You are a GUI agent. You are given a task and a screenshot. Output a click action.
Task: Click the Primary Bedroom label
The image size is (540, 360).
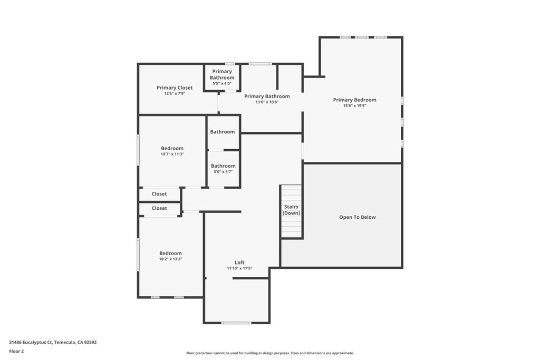(x=354, y=100)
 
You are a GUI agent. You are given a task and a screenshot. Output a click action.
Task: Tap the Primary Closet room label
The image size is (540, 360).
(x=175, y=87)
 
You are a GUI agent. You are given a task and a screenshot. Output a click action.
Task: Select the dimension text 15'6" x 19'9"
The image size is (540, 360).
(x=354, y=106)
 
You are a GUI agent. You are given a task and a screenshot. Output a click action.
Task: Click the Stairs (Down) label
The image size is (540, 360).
(x=291, y=210)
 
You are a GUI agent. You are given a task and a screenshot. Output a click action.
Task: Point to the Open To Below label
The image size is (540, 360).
(x=357, y=217)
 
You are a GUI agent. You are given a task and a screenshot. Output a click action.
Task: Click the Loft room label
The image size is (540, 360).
(x=239, y=262)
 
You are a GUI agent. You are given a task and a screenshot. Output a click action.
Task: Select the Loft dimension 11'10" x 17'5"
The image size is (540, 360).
(x=239, y=268)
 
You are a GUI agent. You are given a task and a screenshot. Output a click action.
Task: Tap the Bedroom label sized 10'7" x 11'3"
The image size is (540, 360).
(x=172, y=149)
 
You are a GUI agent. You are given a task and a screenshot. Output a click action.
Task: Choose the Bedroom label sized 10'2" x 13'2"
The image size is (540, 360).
(x=170, y=253)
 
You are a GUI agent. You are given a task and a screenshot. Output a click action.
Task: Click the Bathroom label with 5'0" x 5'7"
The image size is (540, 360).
(x=223, y=166)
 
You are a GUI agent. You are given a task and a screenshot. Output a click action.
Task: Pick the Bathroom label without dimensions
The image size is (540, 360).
(x=223, y=132)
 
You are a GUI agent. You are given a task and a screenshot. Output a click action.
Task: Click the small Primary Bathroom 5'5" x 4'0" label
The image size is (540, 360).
(x=222, y=74)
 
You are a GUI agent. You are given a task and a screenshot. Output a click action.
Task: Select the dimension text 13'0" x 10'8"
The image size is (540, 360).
(x=267, y=102)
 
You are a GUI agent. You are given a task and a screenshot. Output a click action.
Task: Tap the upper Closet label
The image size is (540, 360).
(x=159, y=194)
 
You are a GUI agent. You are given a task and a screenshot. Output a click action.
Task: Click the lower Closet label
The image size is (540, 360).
(x=159, y=208)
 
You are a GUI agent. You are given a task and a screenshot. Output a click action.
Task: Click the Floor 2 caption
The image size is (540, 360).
(x=16, y=351)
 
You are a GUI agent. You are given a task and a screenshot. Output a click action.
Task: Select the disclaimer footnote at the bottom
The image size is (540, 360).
(x=269, y=353)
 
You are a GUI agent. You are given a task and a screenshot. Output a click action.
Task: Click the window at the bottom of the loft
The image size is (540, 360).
(x=236, y=323)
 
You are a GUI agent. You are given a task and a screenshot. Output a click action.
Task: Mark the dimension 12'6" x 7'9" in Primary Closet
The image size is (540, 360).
(x=175, y=93)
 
